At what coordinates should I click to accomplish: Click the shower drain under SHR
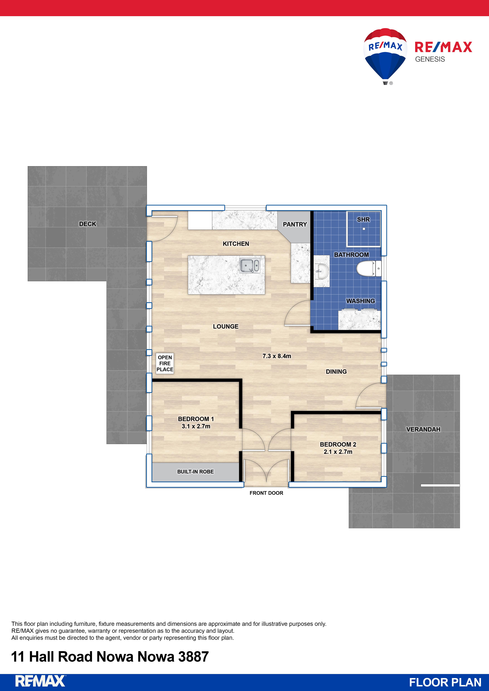[364, 229]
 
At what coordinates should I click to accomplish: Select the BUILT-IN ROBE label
[195, 472]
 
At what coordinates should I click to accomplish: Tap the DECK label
[88, 224]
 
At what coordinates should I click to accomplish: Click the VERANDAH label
[423, 429]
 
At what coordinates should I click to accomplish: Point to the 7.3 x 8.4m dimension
[277, 356]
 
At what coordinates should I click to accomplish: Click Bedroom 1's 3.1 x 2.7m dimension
[196, 426]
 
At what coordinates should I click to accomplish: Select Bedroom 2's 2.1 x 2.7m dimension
[338, 452]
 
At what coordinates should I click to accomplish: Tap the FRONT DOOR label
[266, 493]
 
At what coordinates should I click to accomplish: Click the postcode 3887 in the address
[193, 657]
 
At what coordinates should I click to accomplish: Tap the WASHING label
[360, 301]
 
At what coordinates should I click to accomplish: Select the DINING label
[336, 372]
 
